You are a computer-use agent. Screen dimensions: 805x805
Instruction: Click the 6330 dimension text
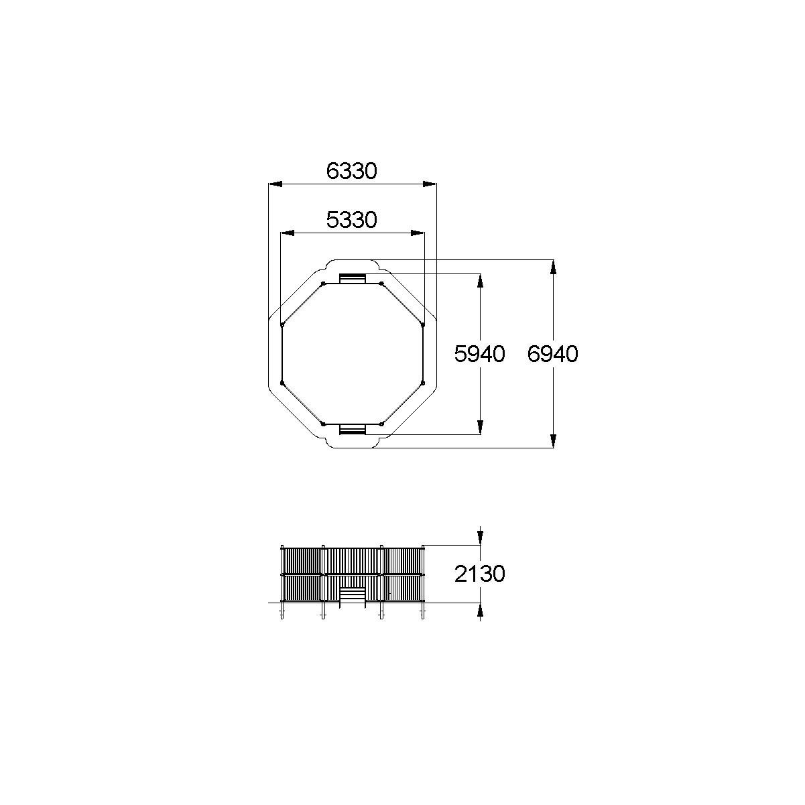[x=351, y=171]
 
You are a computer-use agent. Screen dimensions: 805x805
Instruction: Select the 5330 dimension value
[x=351, y=220]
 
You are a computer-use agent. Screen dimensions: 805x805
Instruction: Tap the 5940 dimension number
[x=479, y=354]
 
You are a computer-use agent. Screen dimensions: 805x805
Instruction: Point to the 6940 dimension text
[x=553, y=354]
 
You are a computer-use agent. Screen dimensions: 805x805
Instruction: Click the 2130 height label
[x=479, y=574]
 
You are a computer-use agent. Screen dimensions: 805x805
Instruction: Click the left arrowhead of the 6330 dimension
[x=275, y=184]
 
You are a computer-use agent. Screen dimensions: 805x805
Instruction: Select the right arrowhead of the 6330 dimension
[x=430, y=184]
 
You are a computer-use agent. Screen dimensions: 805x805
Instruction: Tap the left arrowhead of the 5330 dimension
[x=288, y=233]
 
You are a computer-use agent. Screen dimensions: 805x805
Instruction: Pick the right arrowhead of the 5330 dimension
[x=418, y=233]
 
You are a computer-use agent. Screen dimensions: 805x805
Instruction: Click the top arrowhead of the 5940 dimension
[x=480, y=281]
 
